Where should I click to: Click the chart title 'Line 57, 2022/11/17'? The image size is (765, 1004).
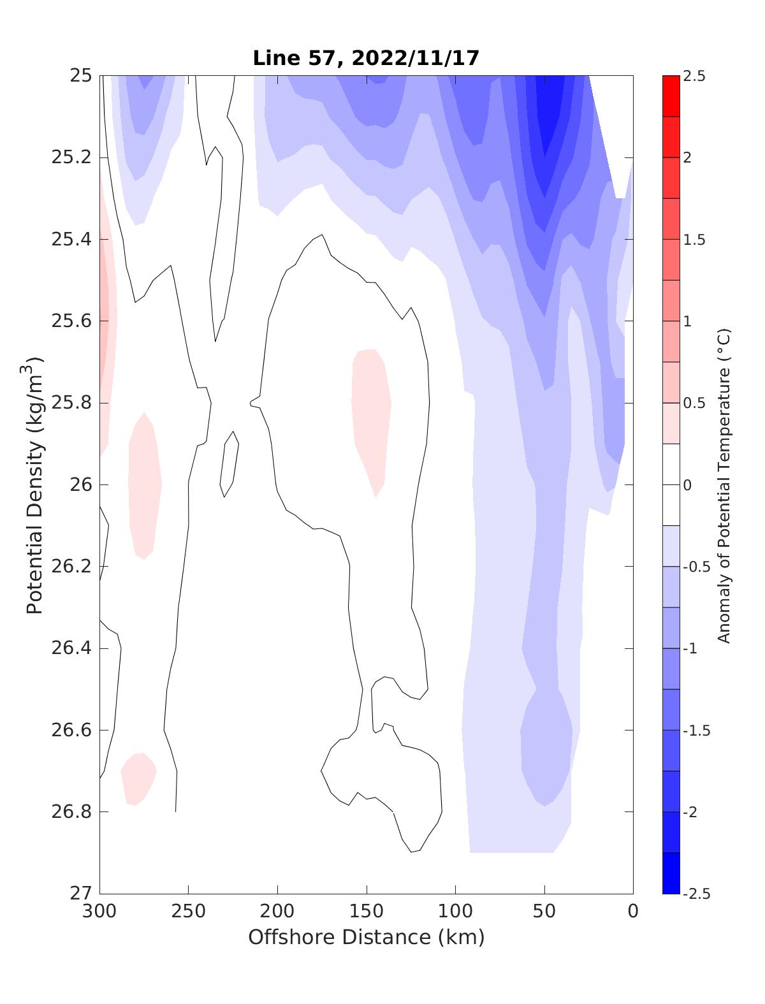tap(366, 58)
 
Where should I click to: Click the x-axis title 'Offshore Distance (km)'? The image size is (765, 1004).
tap(366, 937)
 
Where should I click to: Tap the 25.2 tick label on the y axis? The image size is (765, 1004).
tap(71, 157)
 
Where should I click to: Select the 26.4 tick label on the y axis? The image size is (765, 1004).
tap(71, 648)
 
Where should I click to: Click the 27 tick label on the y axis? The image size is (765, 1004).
tap(80, 893)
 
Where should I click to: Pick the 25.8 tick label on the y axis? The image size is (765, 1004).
tap(71, 403)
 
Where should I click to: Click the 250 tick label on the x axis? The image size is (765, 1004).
tap(189, 911)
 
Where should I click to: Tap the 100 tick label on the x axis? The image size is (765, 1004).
tap(455, 911)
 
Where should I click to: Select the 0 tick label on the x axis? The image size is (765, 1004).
tap(632, 911)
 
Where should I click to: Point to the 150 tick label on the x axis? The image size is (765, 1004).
tap(367, 911)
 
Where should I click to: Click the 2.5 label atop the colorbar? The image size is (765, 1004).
tap(694, 76)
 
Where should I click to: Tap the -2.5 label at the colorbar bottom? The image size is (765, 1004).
tap(697, 893)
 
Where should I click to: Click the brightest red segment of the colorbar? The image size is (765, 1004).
tap(671, 96)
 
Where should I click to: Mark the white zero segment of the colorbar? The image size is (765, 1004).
tap(671, 484)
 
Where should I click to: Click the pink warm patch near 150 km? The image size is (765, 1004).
tap(371, 414)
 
